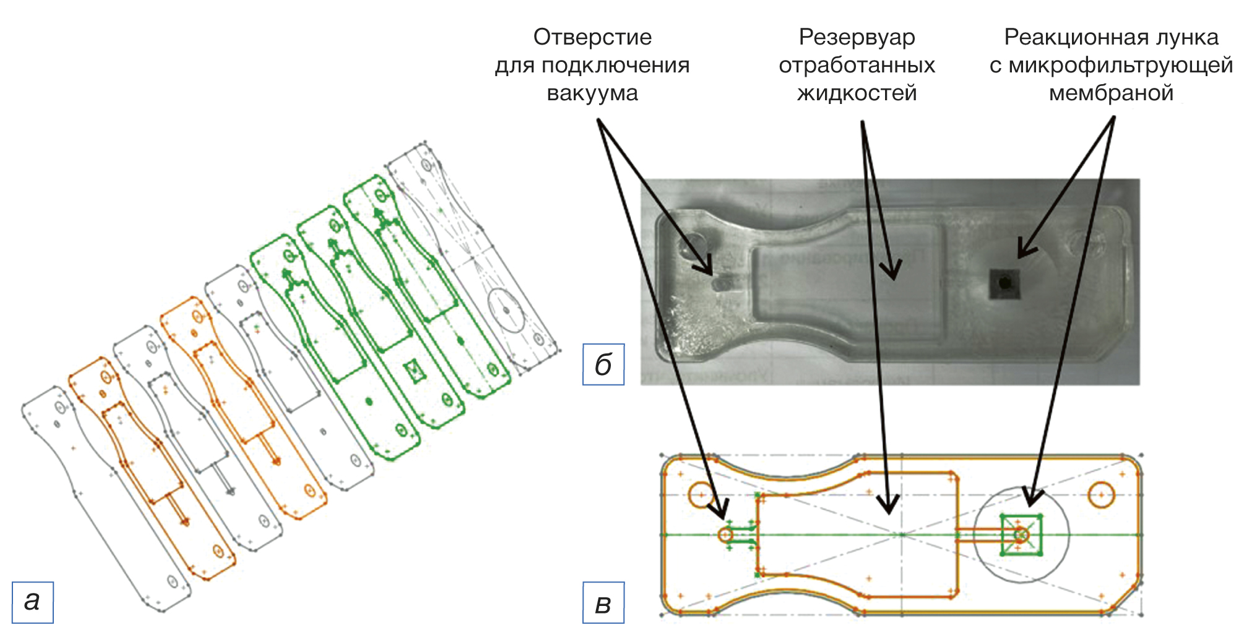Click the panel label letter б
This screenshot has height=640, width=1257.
[x=603, y=365]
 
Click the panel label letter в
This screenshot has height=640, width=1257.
[x=603, y=603]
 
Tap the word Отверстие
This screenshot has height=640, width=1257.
[x=592, y=37]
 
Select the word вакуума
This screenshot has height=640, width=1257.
[x=592, y=93]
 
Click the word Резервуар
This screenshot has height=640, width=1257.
[x=857, y=37]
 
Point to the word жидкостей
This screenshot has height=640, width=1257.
[x=857, y=93]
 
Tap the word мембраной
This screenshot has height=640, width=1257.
[x=1111, y=93]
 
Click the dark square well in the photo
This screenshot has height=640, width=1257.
[x=1004, y=283]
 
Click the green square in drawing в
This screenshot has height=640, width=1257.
[x=1021, y=534]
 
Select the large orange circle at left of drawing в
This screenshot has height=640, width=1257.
[x=701, y=495]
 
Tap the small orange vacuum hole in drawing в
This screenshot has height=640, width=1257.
[x=726, y=534]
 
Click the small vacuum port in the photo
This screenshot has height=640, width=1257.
[x=720, y=283]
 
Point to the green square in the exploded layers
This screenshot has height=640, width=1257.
[x=413, y=371]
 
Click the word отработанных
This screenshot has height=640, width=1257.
[x=857, y=65]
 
